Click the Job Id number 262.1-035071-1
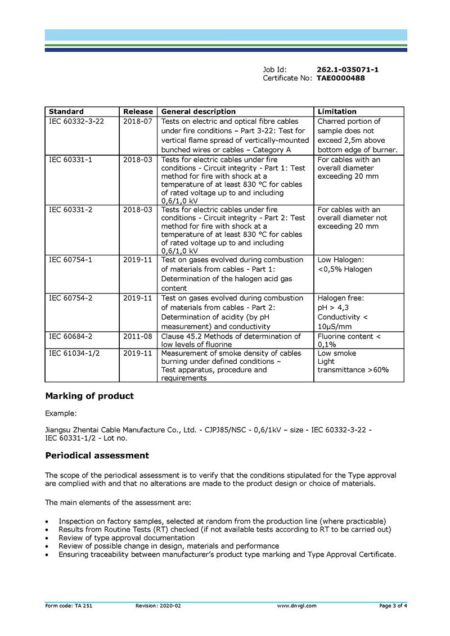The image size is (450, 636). tap(347, 69)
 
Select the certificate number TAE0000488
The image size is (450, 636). tap(340, 78)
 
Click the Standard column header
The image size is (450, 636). tap(66, 111)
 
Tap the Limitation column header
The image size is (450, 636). tap(337, 111)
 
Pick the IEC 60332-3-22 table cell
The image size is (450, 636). tap(76, 121)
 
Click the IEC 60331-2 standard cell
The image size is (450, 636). tap(71, 209)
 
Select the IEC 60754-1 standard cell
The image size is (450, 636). tap(71, 260)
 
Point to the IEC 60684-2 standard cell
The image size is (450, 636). tap(71, 336)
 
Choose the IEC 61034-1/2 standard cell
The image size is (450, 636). tap(75, 353)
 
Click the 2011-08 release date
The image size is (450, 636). tap(138, 336)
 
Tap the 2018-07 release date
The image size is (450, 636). tap(138, 121)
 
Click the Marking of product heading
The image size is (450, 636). tap(89, 396)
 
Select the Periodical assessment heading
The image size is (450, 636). tap(97, 455)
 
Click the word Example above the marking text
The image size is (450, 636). tap(61, 413)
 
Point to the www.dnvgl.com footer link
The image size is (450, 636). tap(297, 606)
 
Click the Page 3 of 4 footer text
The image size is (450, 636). tap(393, 606)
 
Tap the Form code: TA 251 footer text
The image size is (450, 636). tap(66, 606)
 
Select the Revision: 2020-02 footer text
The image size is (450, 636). tap(158, 606)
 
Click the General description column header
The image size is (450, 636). tap(199, 111)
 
